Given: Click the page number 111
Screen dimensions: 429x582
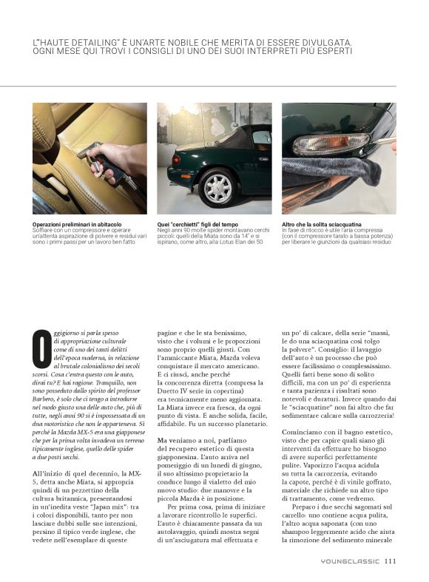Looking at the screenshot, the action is (x=391, y=561).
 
